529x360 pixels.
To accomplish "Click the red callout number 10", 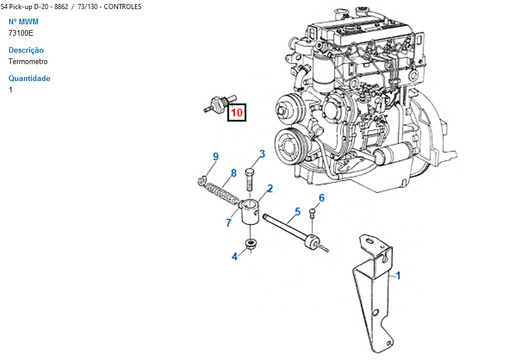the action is [x=237, y=112].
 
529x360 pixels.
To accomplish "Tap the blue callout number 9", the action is [x=215, y=156].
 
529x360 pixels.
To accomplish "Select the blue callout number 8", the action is [x=234, y=173].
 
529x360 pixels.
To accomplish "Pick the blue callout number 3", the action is [x=262, y=154].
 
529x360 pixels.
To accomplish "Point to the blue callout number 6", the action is [x=321, y=198].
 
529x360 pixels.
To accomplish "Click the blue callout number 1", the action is [x=398, y=276].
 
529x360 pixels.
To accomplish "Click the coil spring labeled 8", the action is [x=222, y=194].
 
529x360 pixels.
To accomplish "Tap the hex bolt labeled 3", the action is [x=249, y=180].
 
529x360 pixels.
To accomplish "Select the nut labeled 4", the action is [x=250, y=244].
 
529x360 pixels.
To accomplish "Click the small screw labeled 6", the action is [x=312, y=212].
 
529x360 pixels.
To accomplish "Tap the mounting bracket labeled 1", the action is [x=373, y=294].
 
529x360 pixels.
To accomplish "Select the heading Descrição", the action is [x=26, y=50].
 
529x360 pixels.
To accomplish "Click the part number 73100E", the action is [x=21, y=33].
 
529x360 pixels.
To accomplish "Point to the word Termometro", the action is [x=28, y=61].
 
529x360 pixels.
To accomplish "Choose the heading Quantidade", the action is [x=29, y=78].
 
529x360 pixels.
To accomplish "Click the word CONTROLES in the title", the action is [x=122, y=7].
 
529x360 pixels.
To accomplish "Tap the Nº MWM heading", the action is [x=23, y=22].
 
